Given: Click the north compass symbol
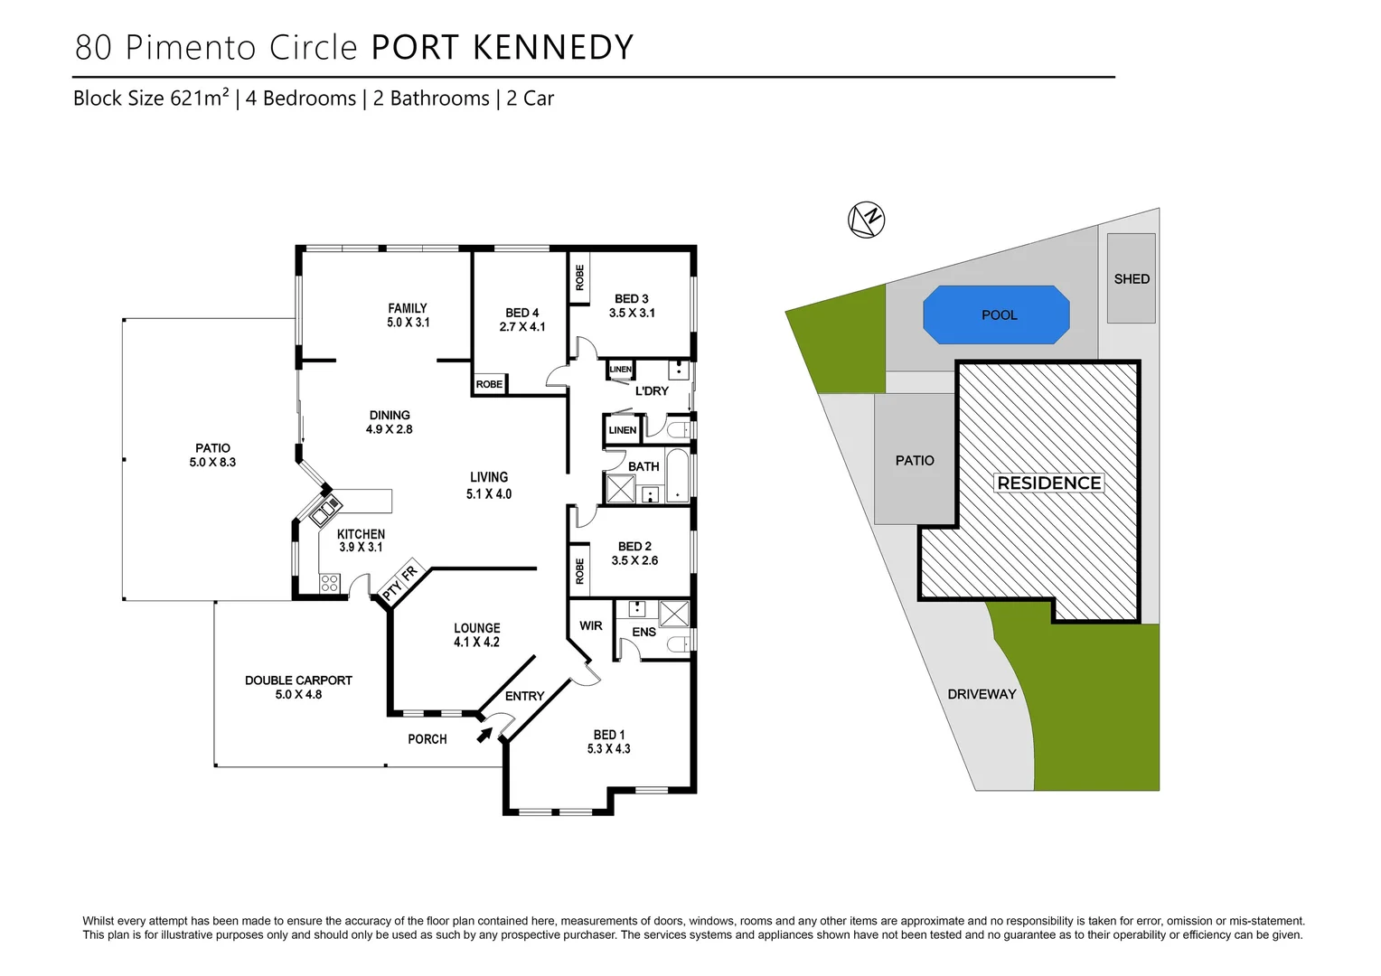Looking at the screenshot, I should (866, 220).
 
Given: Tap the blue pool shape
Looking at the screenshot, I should (996, 314).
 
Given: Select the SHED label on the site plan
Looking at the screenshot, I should (1132, 279).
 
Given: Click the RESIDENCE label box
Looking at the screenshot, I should (1049, 483).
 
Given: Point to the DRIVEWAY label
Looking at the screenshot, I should (982, 694).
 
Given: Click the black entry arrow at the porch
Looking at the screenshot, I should (485, 735).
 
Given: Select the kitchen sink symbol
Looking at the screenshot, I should (323, 511).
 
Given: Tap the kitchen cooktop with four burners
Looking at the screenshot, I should (330, 583).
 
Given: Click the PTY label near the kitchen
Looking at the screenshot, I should (392, 591).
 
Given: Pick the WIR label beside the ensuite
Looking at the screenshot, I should (590, 625).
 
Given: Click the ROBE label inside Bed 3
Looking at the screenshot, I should (579, 277).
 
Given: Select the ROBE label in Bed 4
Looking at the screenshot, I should (489, 384).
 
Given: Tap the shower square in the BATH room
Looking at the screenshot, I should (621, 489).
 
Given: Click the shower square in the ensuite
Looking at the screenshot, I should (673, 614).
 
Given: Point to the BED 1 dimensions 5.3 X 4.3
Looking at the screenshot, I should (609, 749).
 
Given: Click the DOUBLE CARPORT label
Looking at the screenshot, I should (298, 680).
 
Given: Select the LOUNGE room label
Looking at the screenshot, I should (476, 628).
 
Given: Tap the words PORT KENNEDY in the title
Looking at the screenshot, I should (503, 48).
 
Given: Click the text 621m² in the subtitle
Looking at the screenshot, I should (199, 99).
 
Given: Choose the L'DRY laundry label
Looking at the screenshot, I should (652, 391).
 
